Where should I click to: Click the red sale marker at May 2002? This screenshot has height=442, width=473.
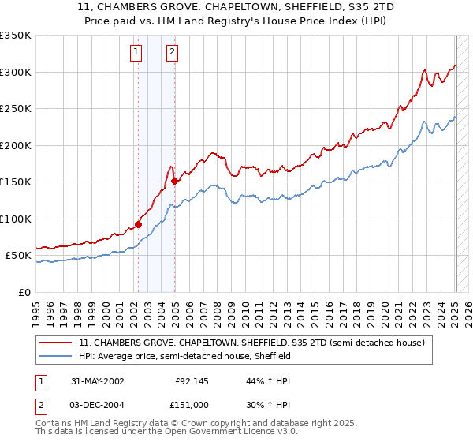coord(139,224)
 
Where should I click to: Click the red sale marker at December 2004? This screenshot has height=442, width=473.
coord(174,181)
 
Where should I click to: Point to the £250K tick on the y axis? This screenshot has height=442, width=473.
coord(16,109)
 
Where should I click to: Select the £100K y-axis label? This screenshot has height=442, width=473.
coord(16,219)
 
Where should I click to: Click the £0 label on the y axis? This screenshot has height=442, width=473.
coord(24,292)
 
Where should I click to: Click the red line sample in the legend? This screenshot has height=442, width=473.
coord(57,343)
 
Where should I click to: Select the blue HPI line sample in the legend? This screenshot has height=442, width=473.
coord(57,357)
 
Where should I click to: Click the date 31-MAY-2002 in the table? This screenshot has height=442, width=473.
coord(97,381)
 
